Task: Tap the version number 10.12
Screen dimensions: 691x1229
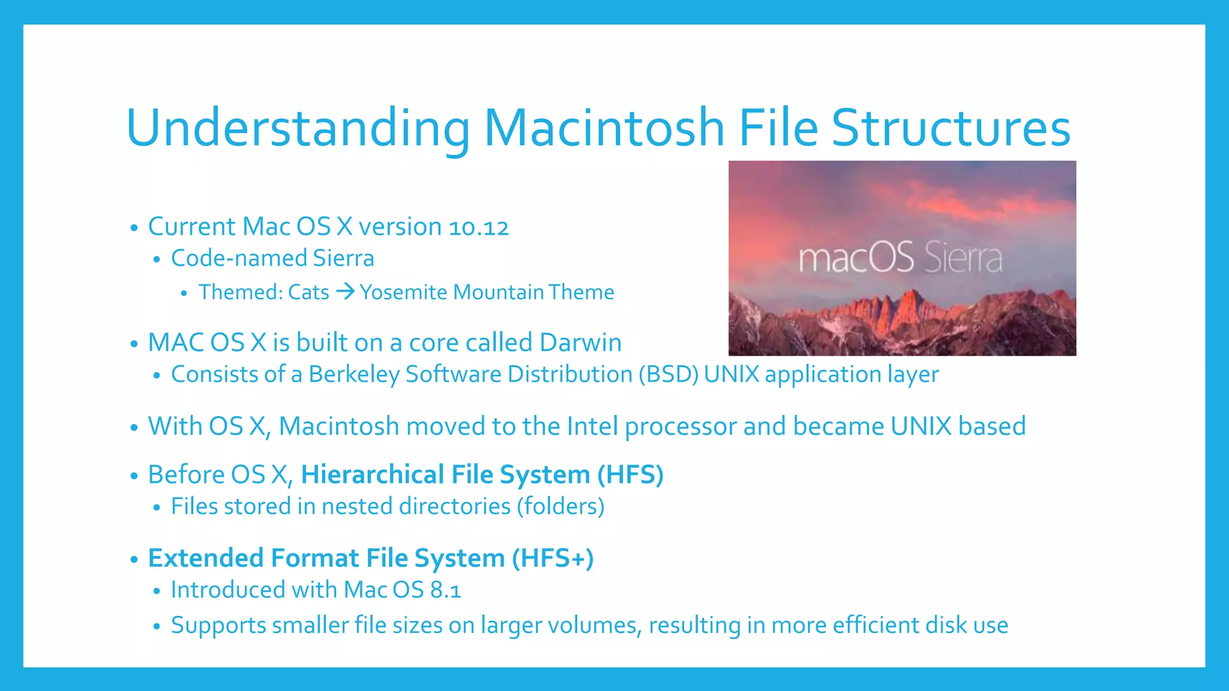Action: click(x=478, y=227)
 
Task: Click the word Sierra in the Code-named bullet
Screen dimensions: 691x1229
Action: click(x=343, y=259)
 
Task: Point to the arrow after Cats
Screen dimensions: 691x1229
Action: click(x=345, y=292)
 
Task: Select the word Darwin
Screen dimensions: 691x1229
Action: click(x=580, y=343)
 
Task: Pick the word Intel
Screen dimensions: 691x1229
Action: click(x=592, y=426)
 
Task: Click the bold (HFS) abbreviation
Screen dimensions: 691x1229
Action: click(x=630, y=474)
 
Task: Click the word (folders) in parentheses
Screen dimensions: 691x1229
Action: click(x=560, y=506)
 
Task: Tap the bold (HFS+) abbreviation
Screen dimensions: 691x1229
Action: click(x=553, y=558)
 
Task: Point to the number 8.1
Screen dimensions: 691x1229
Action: click(x=445, y=590)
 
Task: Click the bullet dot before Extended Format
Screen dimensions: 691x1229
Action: click(x=134, y=560)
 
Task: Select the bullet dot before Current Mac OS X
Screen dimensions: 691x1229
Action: click(x=134, y=228)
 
